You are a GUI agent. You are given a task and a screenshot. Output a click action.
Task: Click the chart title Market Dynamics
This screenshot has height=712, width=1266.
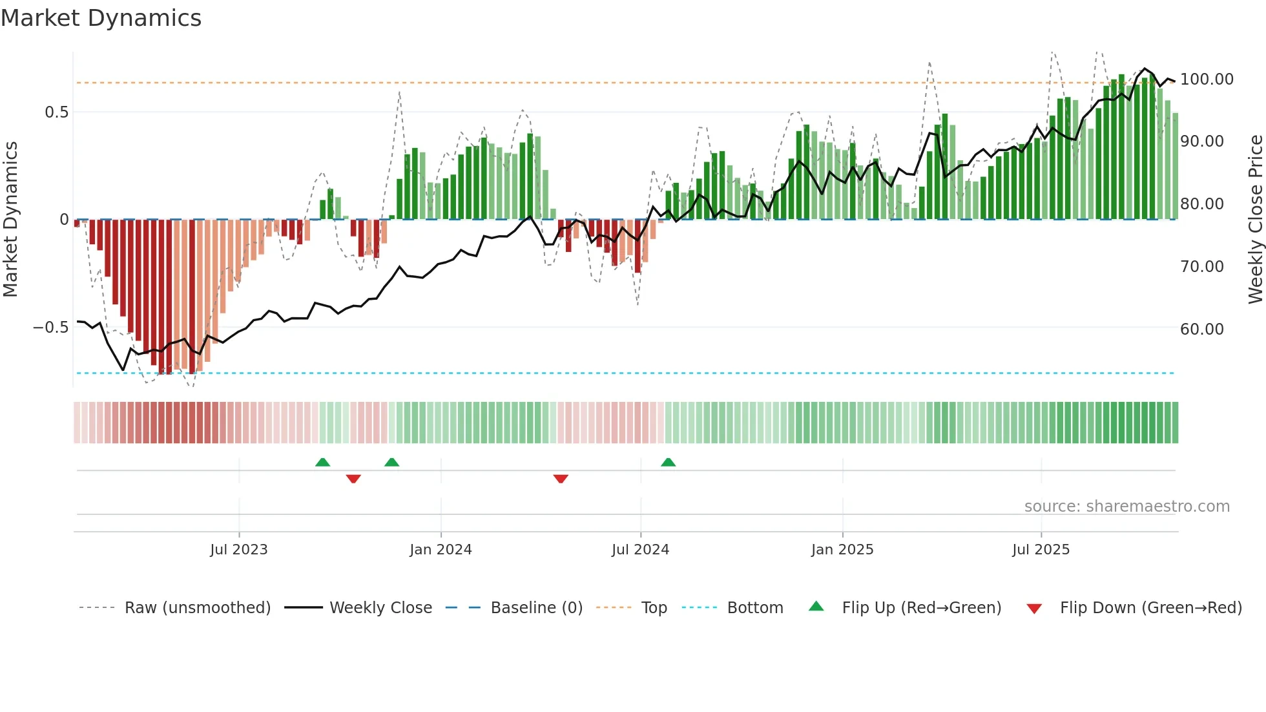tap(101, 18)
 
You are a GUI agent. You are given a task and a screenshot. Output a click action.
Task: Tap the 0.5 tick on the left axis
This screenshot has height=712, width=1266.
tap(56, 112)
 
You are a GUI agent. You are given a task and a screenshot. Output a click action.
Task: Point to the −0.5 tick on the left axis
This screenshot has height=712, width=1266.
tap(51, 328)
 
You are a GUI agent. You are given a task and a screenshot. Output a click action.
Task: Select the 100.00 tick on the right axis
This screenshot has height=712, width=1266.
tap(1207, 79)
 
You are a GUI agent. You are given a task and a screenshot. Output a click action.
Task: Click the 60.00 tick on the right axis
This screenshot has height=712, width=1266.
tap(1201, 330)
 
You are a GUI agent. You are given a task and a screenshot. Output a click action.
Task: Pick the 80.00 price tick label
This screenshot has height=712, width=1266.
tap(1201, 204)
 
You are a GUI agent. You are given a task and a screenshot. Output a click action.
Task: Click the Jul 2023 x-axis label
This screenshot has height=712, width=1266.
tap(238, 550)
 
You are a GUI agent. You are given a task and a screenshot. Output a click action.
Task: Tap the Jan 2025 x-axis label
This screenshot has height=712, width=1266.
tap(842, 550)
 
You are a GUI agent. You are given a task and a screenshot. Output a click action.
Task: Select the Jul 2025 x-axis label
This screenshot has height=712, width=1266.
tap(1041, 550)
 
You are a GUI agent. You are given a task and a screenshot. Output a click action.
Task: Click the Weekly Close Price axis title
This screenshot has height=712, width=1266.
tap(1255, 220)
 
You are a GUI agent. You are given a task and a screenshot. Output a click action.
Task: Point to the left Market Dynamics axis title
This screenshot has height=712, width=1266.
tap(10, 220)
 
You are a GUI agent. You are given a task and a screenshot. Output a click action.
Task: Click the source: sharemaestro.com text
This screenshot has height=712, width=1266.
tap(1126, 507)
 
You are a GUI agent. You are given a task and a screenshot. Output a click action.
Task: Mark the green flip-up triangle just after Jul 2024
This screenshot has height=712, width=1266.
tap(668, 463)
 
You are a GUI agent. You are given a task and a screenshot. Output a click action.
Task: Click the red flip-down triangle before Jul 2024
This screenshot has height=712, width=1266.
tap(561, 479)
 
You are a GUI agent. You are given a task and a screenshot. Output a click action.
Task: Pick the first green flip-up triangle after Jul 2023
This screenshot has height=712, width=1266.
tap(322, 463)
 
